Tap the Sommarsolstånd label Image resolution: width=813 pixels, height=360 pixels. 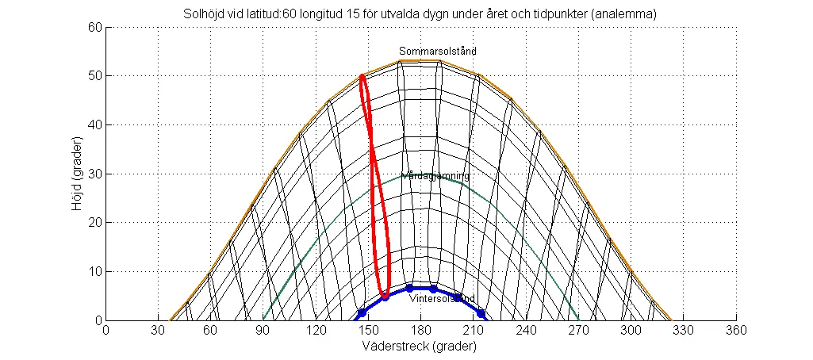pos(437,52)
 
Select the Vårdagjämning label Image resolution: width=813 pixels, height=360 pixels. pos(435,176)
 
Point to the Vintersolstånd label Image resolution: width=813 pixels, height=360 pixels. pos(442,299)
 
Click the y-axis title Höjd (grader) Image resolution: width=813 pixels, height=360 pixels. pos(78,174)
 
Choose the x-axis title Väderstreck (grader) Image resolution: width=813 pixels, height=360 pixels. pos(420,347)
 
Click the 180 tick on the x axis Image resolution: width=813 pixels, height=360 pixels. pos(420,330)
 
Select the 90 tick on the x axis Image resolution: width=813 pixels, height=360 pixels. pos(263,330)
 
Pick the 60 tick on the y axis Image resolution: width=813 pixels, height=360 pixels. pos(94,27)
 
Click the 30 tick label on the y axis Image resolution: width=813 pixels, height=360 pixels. pos(94,174)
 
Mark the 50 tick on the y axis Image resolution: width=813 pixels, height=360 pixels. pos(94,76)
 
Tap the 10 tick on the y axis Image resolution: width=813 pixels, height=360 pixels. pos(94,272)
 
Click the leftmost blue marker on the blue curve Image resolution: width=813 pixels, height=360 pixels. pos(362,313)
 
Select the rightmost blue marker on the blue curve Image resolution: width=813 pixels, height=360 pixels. pos(481,313)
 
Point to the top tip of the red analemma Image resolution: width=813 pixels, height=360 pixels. pos(362,76)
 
